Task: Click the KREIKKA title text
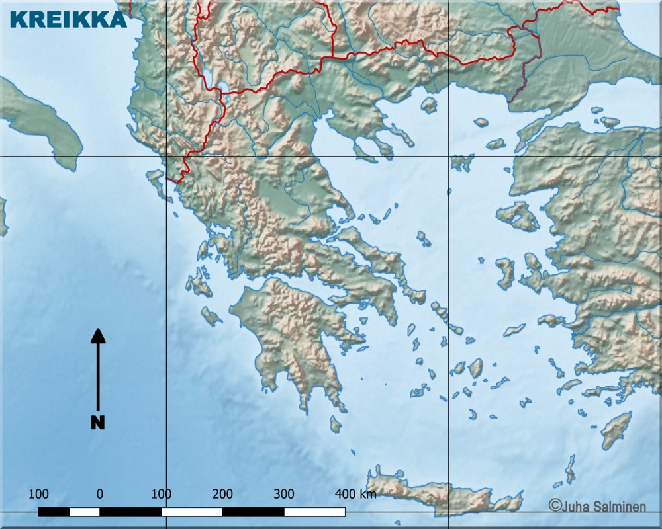pyautogui.click(x=68, y=20)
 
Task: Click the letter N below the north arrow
pyautogui.click(x=98, y=422)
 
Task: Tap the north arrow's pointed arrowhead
pyautogui.click(x=98, y=336)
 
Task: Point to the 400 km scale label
pyautogui.click(x=355, y=493)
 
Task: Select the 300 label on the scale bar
pyautogui.click(x=283, y=493)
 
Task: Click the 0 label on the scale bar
pyautogui.click(x=99, y=493)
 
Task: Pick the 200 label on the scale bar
pyautogui.click(x=222, y=493)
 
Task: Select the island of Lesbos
pyautogui.click(x=518, y=216)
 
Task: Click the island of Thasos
pyautogui.click(x=429, y=104)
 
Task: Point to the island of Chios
pyautogui.click(x=505, y=272)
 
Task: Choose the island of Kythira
pyautogui.click(x=336, y=424)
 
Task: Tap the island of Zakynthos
pyautogui.click(x=211, y=316)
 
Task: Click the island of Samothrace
pyautogui.click(x=481, y=122)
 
